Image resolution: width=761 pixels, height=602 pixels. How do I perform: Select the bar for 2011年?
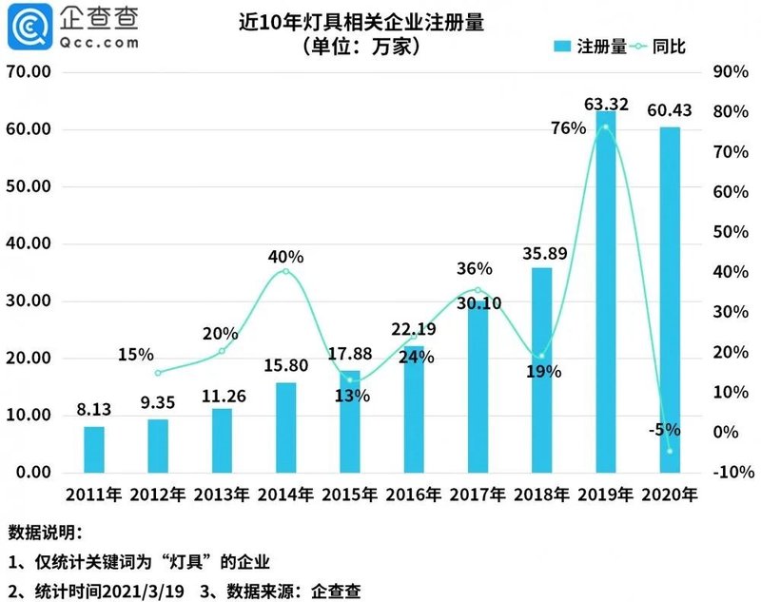tap(94, 449)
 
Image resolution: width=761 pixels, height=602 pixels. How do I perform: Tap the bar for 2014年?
tap(285, 427)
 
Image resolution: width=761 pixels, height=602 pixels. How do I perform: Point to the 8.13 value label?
tap(94, 412)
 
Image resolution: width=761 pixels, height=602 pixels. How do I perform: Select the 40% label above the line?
tap(285, 257)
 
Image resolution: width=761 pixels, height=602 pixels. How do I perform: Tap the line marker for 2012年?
tap(158, 373)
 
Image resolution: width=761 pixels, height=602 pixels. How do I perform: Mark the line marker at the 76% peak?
tap(605, 127)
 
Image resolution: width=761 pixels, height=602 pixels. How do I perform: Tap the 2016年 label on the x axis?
tap(412, 495)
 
